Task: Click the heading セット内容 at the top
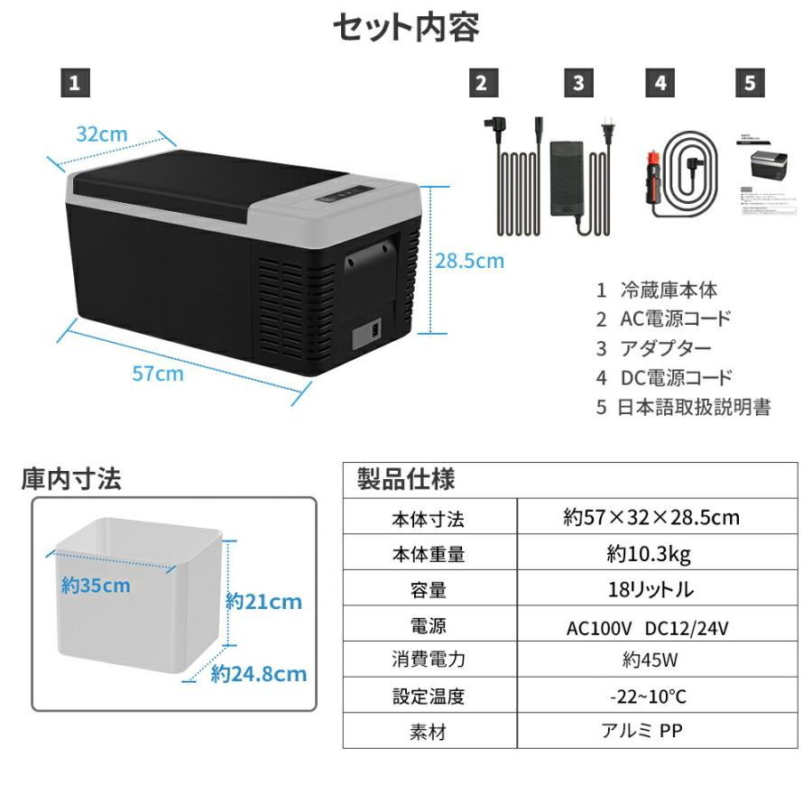[405, 27]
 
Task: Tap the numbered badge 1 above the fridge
[75, 83]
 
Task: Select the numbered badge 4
[660, 83]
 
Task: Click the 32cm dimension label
[101, 134]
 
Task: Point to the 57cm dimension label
[158, 373]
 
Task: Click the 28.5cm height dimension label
[469, 262]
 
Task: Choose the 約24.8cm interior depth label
[260, 674]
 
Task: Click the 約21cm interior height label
[263, 601]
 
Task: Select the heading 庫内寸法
[71, 479]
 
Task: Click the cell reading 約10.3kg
[656, 554]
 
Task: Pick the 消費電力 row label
[429, 660]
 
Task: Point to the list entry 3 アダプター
[654, 348]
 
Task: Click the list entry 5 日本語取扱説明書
[683, 407]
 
